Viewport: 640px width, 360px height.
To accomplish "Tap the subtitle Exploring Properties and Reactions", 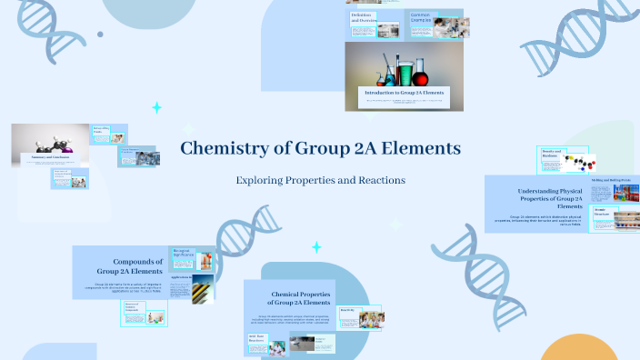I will tap(320, 180).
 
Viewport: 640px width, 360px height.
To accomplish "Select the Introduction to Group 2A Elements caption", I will tap(404, 93).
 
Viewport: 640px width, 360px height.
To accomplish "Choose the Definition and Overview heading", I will tap(364, 18).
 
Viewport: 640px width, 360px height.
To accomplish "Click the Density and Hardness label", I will tap(551, 155).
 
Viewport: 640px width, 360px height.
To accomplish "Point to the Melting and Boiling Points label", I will tap(612, 181).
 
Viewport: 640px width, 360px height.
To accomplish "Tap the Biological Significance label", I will tap(182, 252).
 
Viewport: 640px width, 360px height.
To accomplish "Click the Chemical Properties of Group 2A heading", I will tap(290, 297).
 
